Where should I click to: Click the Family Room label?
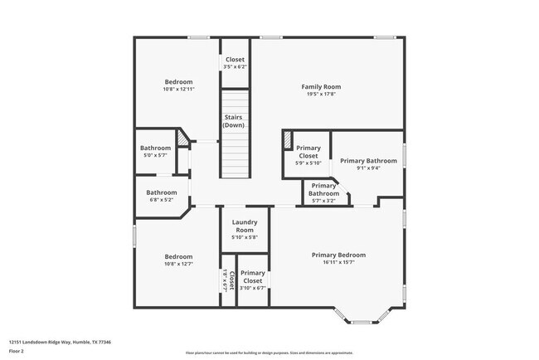320,86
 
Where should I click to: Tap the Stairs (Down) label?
234,121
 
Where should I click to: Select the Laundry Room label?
244,226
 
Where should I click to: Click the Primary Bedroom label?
338,255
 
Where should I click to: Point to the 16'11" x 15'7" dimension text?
338,263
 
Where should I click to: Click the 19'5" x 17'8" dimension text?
320,95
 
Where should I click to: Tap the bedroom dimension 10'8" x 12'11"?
178,90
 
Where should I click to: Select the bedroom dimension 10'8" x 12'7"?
178,265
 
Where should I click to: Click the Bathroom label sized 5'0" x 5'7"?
155,148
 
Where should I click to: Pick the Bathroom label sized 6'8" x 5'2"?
162,192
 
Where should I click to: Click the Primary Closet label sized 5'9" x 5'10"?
308,152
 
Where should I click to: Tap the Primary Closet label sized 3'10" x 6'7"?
253,276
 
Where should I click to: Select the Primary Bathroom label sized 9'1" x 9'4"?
368,160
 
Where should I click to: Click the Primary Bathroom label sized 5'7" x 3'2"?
323,190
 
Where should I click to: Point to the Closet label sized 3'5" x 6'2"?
235,59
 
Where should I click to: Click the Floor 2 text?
17,350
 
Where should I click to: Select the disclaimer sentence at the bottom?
269,353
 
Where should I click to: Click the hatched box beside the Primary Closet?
288,140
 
